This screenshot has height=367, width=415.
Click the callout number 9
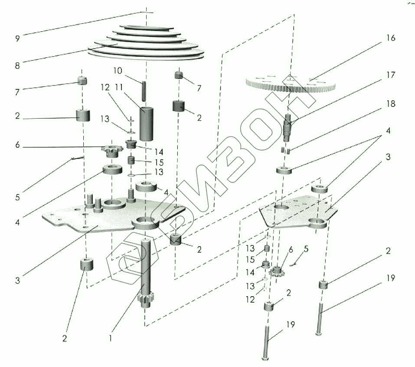17,39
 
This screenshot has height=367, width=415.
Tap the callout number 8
17,65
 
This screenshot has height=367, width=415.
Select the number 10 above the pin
118,70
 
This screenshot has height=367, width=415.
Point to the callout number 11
119,87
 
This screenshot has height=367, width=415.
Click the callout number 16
391,38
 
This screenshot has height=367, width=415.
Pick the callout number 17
391,75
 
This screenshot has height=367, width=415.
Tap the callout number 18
391,103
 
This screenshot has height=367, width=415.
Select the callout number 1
111,338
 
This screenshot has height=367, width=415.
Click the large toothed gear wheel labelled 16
291,83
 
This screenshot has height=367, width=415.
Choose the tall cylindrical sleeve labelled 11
147,124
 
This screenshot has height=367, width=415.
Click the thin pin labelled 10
144,91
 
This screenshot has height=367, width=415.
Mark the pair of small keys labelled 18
285,151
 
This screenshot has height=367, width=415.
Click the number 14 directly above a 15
159,152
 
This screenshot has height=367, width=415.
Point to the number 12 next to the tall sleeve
105,87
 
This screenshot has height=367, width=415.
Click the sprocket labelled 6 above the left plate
112,151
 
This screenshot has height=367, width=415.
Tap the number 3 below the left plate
17,280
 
